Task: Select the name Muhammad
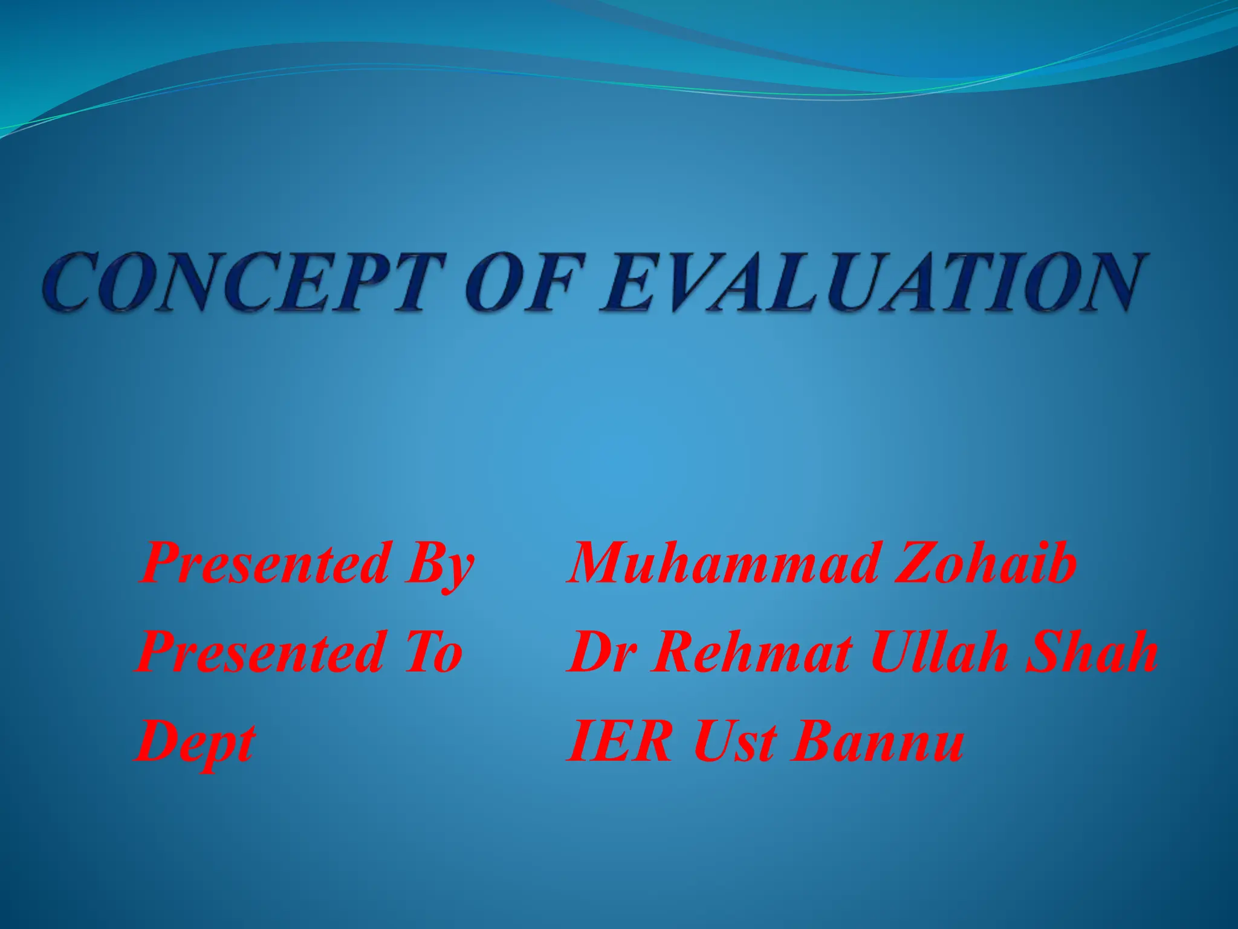tap(723, 564)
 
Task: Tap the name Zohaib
tap(985, 564)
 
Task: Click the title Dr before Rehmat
tap(604, 653)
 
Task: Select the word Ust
tap(734, 742)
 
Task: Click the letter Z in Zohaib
tap(916, 564)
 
